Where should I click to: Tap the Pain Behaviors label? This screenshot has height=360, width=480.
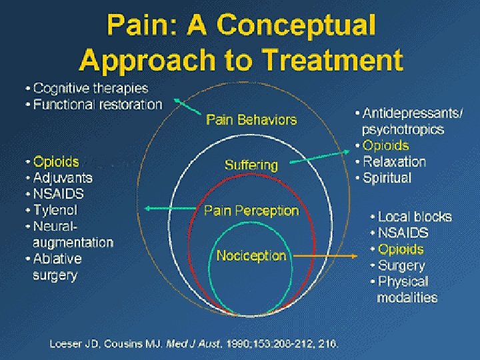[x=251, y=120]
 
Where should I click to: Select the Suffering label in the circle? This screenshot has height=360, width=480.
[x=251, y=165]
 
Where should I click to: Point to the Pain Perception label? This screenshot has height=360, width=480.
[x=251, y=211]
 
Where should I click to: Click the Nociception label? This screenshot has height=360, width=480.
[x=251, y=255]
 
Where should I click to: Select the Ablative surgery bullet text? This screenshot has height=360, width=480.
[x=57, y=267]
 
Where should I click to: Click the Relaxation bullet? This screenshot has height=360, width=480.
[x=394, y=162]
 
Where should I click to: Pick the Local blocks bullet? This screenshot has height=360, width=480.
[x=414, y=217]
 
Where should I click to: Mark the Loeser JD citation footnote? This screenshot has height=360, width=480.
[x=194, y=344]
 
